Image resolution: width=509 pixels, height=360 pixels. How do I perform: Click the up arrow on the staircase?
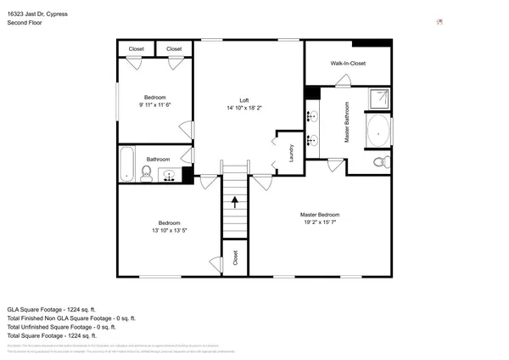tap(235, 204)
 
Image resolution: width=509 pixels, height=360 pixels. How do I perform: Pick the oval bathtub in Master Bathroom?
tap(378, 132)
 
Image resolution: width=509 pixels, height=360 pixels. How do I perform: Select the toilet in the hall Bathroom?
tap(146, 174)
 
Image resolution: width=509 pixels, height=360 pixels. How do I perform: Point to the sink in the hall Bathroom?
tap(170, 177)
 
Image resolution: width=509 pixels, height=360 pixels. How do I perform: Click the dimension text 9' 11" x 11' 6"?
tap(154, 104)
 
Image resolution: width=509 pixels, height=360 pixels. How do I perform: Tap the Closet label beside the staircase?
tap(235, 258)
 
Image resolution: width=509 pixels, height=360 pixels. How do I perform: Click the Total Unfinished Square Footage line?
tap(61, 327)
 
